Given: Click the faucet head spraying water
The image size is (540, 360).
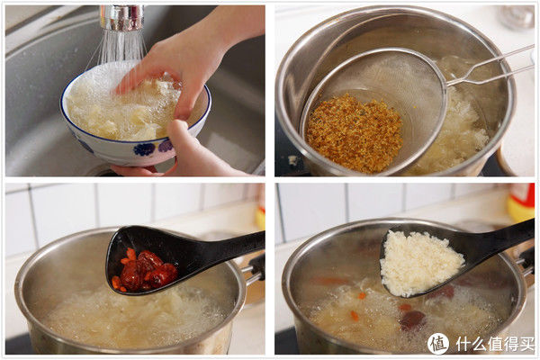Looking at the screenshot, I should tap(122, 16).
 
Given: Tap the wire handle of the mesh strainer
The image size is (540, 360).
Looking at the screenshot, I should tap(486, 67).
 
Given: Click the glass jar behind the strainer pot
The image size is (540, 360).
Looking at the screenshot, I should tap(517, 16).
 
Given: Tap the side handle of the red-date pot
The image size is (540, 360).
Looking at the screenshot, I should tap(255, 266).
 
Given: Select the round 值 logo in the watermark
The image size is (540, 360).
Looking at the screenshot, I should tap(438, 344).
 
